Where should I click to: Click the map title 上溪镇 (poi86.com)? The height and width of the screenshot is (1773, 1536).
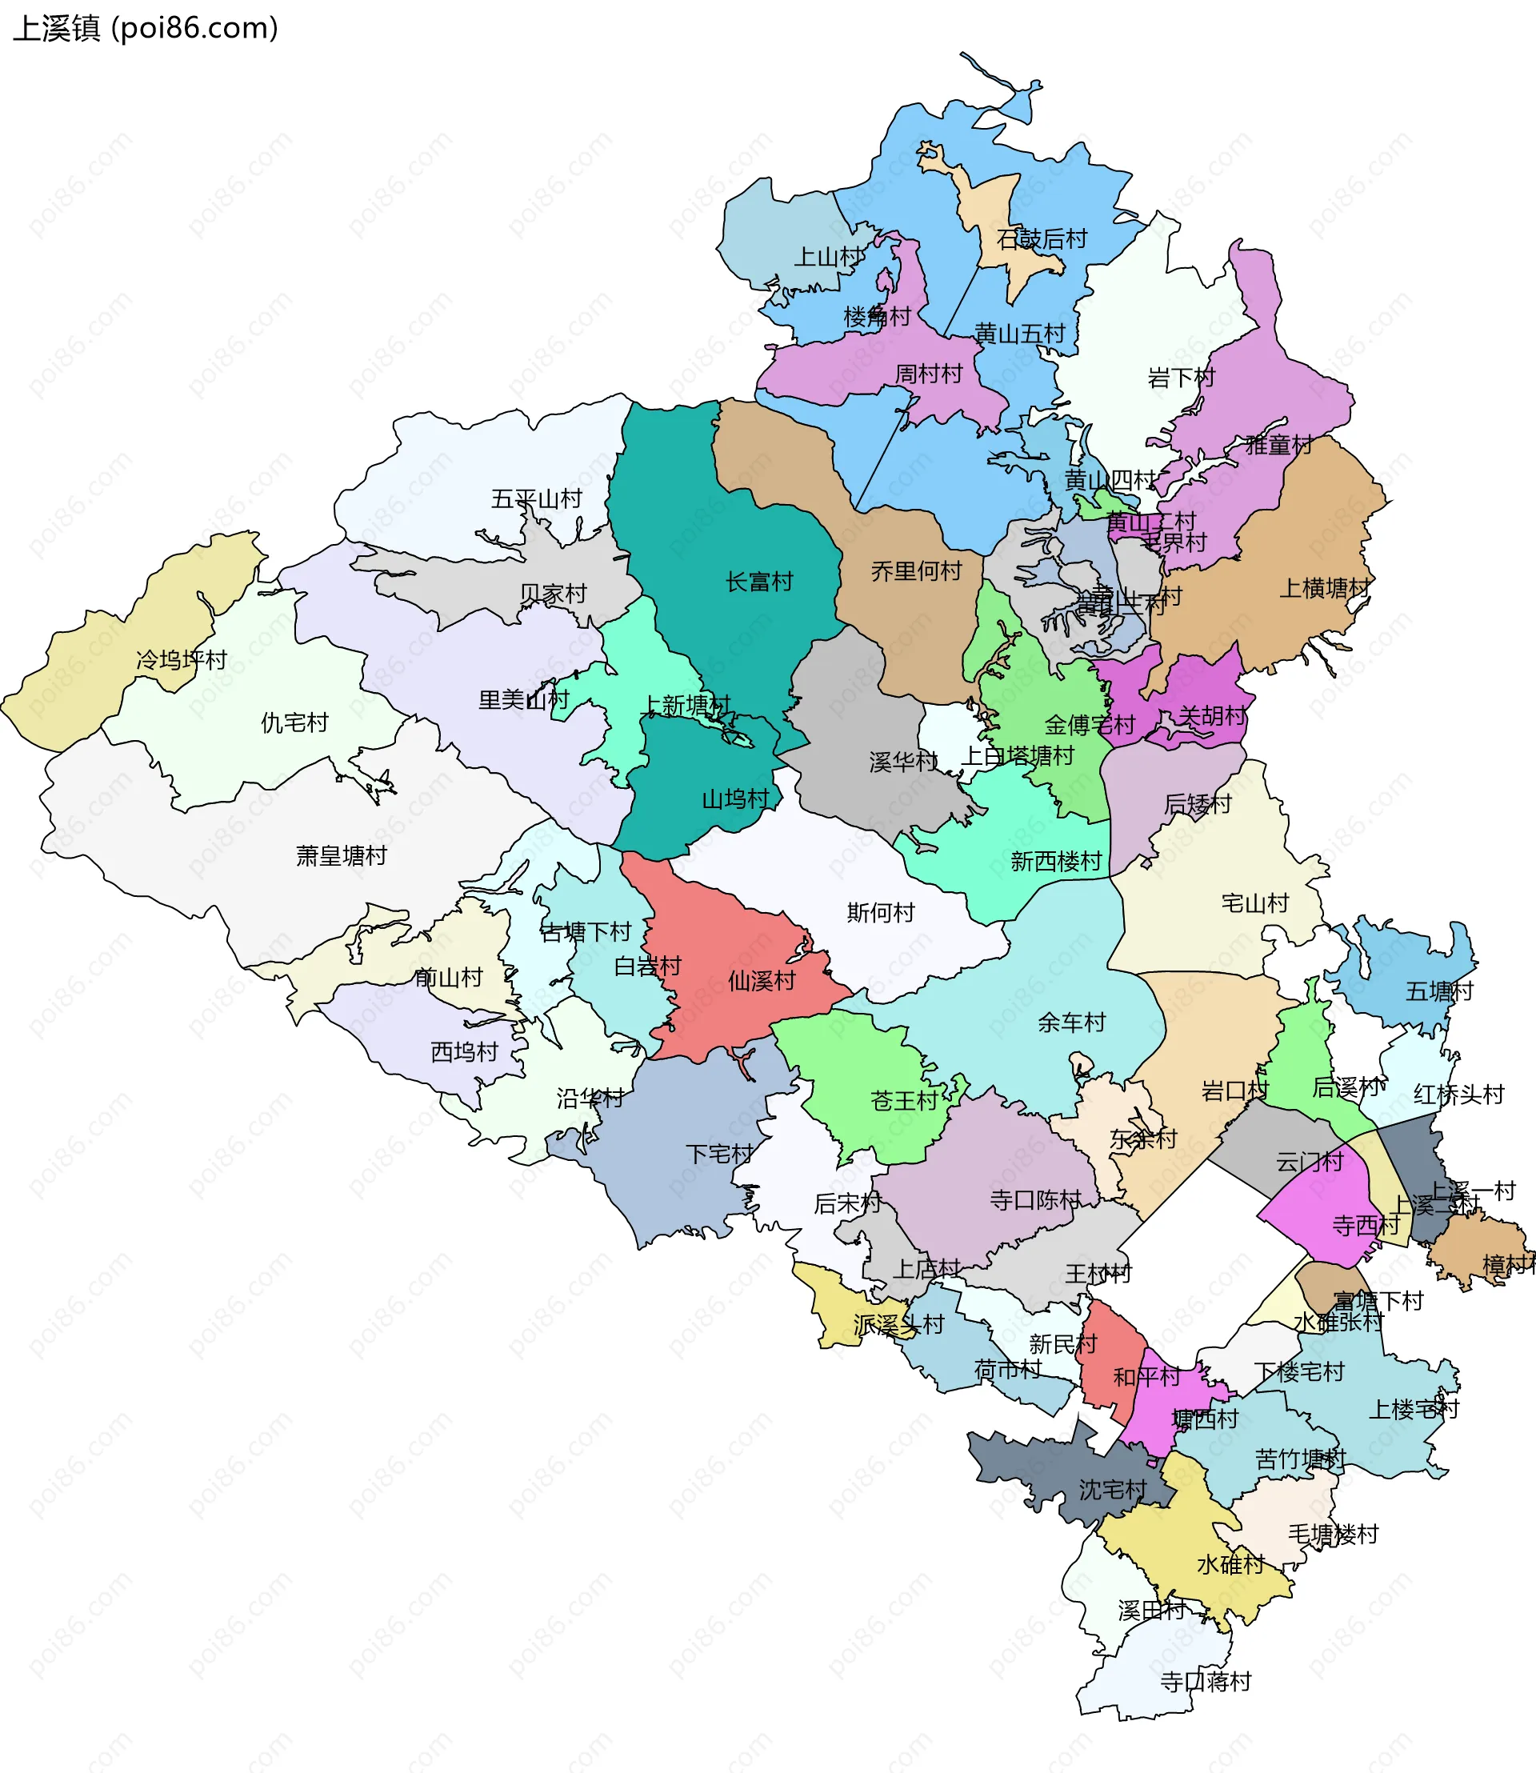coord(146,28)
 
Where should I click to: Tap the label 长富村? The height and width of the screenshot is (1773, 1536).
coord(758,582)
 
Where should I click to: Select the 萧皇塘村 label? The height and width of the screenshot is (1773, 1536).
coord(341,854)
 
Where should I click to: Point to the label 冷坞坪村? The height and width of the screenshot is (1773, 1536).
coord(182,659)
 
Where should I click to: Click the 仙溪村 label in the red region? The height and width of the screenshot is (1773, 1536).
coord(761,980)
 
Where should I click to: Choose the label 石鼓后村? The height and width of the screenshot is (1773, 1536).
coord(1042,238)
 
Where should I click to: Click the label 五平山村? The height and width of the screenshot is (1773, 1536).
coord(536,498)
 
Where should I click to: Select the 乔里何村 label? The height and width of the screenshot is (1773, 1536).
coord(915,570)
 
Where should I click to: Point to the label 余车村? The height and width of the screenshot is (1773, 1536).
coord(1070,1022)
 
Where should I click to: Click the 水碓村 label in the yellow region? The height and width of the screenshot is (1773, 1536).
coord(1230,1564)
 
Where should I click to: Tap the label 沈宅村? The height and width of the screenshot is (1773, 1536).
coord(1112,1489)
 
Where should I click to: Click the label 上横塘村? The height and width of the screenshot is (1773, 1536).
coord(1323,588)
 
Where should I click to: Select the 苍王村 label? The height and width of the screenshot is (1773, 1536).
coord(903,1100)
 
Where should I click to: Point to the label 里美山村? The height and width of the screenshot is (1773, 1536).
coord(523,699)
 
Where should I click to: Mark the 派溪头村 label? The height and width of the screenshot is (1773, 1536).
coord(898,1325)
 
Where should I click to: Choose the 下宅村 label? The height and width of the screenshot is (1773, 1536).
coord(718,1154)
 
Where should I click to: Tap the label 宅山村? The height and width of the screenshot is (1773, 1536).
coord(1254,903)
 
